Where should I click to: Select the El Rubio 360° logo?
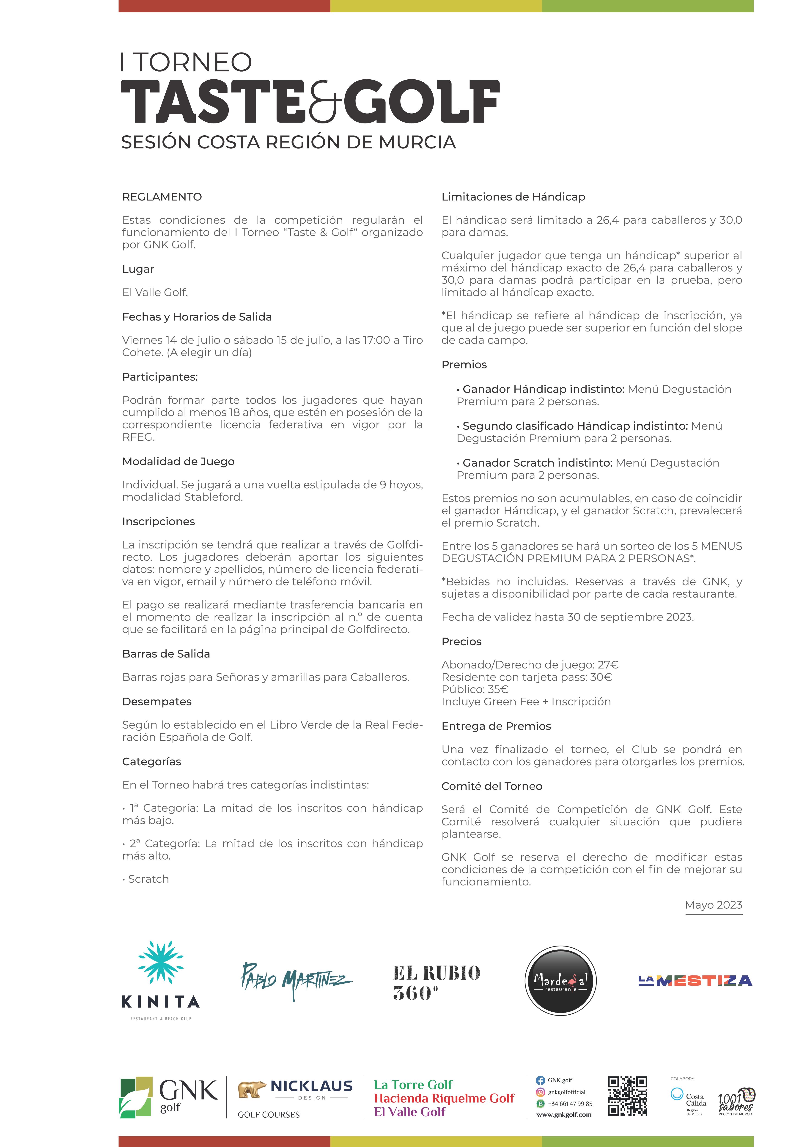(436, 982)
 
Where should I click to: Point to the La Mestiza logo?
(695, 981)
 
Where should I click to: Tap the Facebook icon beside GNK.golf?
(540, 1080)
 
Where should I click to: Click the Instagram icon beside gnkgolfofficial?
(540, 1092)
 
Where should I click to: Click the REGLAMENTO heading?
(162, 197)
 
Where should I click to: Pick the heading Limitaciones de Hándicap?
(513, 197)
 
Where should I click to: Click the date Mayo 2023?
(713, 905)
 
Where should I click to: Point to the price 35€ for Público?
(498, 689)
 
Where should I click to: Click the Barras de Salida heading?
(166, 654)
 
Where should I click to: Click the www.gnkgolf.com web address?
(564, 1114)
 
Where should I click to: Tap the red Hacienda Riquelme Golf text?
(444, 1098)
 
